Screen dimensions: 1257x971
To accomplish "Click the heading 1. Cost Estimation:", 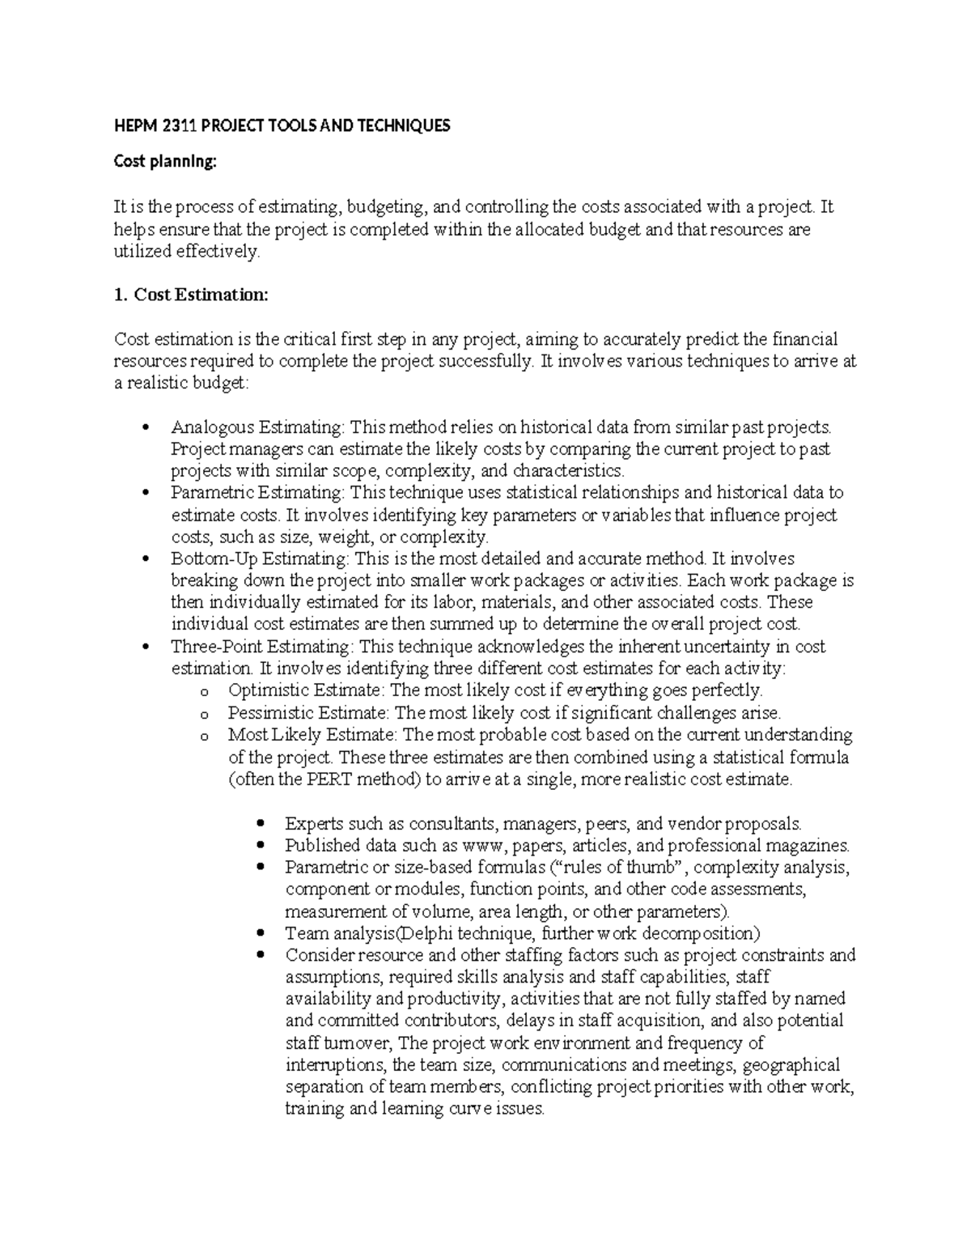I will tap(191, 295).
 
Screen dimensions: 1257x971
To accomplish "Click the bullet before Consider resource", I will tap(260, 955).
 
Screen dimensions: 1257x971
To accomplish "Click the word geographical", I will tap(791, 1064).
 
